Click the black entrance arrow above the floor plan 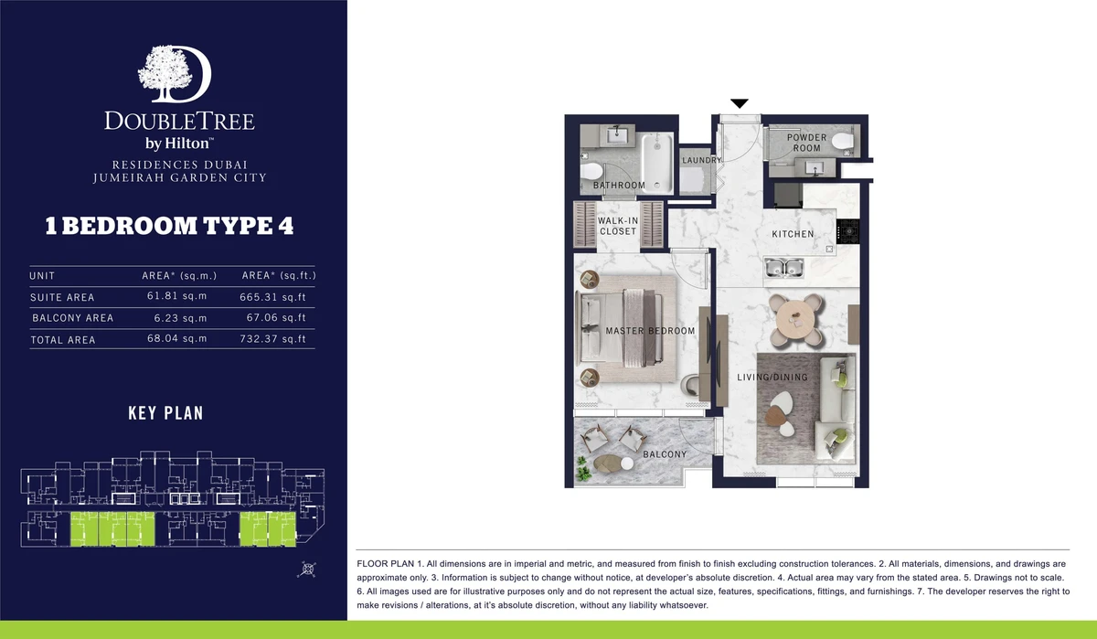pos(740,103)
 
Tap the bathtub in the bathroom pos(657,164)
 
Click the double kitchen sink pos(784,267)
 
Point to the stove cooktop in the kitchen pos(847,231)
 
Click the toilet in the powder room pos(842,141)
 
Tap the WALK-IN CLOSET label pos(618,226)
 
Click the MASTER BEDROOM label pos(650,331)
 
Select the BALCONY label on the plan pos(665,454)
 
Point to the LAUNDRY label pos(702,160)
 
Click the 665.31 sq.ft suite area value pos(272,297)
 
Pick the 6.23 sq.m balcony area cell pos(180,318)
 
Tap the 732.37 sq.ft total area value pos(272,339)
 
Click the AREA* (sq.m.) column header pos(179,276)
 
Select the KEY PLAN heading pos(165,413)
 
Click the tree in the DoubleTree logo pos(165,73)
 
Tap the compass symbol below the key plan pos(307,570)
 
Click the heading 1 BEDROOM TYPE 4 pos(169,226)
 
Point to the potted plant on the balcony pos(583,469)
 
